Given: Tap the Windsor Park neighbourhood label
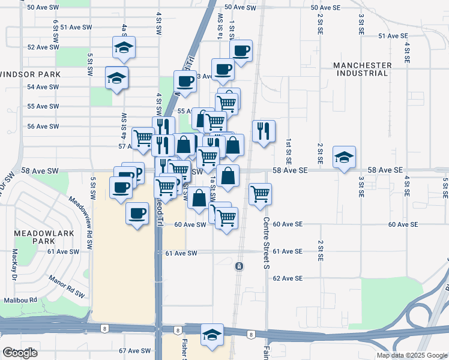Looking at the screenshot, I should click(x=31, y=74).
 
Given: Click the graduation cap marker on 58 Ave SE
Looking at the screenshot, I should click(x=344, y=157).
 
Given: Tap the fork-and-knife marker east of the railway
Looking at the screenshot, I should click(x=264, y=131).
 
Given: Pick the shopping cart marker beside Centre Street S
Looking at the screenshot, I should click(x=260, y=194).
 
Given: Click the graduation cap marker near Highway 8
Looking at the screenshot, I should click(x=212, y=335).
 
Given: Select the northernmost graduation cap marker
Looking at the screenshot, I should click(x=124, y=47).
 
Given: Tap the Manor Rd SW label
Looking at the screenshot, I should click(x=66, y=283).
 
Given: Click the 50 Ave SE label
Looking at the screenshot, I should click(x=325, y=8).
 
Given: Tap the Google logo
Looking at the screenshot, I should click(x=20, y=353).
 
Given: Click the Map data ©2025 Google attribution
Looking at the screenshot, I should click(x=411, y=355).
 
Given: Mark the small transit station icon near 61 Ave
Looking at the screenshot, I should click(x=239, y=266).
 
